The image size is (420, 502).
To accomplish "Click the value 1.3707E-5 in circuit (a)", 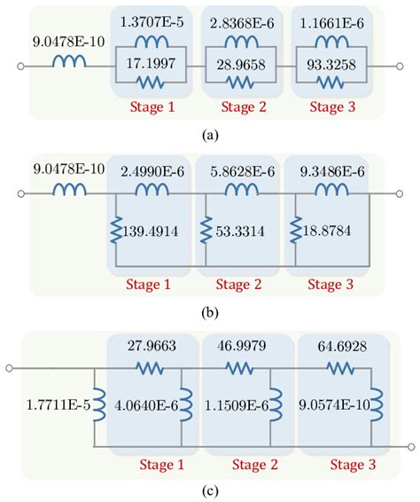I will [x=153, y=20].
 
